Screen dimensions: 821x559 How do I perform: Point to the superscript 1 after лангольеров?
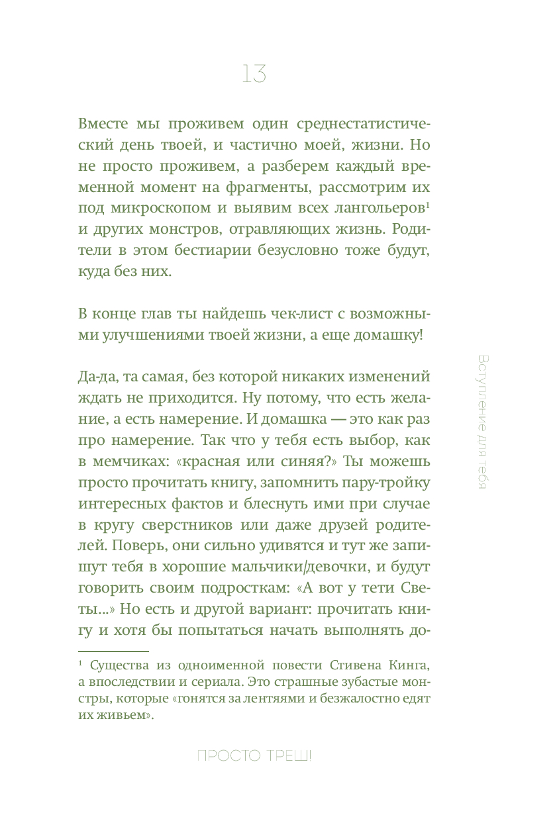428,205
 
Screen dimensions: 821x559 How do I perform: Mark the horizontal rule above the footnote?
113,652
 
